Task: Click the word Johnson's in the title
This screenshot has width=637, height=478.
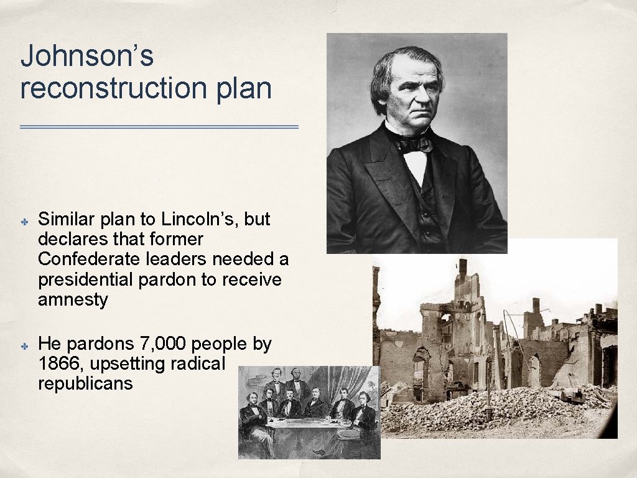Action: coord(87,57)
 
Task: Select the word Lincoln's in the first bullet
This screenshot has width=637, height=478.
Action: coord(198,220)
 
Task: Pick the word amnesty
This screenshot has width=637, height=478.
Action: coord(73,300)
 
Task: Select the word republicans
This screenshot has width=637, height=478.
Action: coord(85,383)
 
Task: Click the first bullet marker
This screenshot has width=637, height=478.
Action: coord(25,220)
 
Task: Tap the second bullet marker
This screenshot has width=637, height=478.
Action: coord(25,344)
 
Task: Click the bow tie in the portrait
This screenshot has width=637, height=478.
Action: coord(415,144)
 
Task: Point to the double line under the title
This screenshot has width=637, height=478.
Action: coord(159,127)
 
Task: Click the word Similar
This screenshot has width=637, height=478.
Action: coord(66,220)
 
